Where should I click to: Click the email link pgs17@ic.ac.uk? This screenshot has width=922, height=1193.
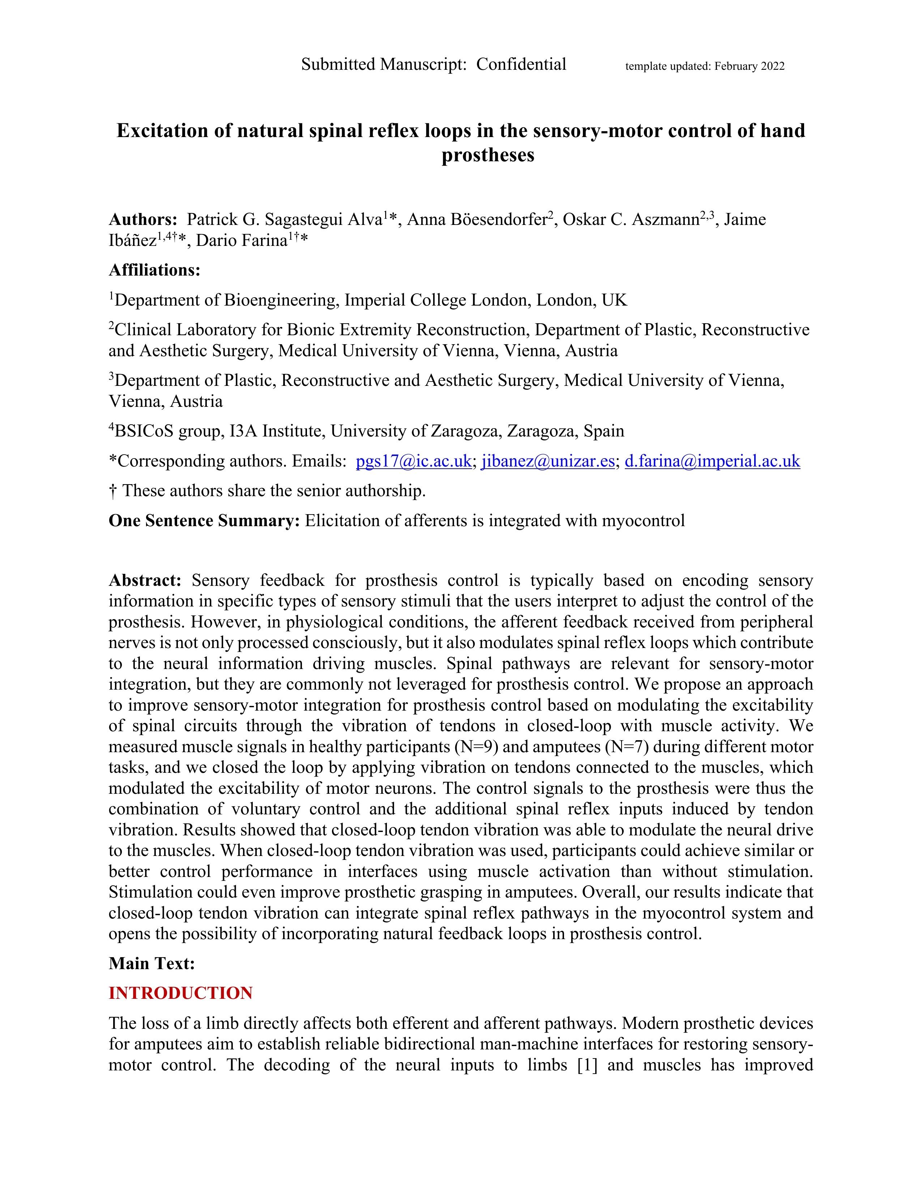[414, 461]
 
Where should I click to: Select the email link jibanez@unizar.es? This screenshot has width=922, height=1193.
[548, 461]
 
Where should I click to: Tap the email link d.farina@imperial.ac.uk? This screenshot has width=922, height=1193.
[712, 461]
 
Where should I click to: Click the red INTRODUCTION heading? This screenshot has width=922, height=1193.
[181, 993]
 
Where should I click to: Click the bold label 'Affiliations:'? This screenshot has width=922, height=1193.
[155, 270]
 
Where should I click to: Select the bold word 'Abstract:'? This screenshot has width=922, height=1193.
[145, 580]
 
